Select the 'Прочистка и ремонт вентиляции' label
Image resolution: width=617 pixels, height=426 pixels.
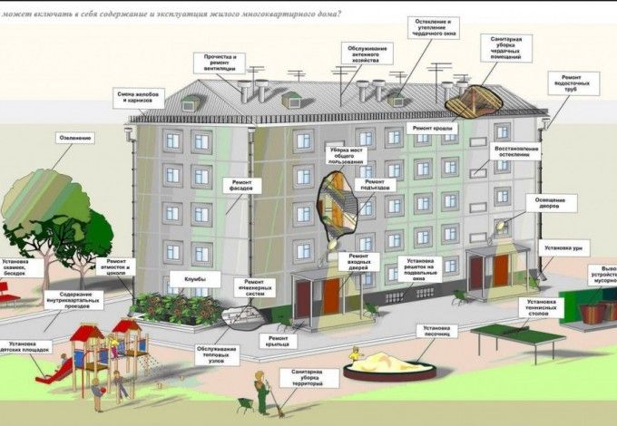(x=219, y=63)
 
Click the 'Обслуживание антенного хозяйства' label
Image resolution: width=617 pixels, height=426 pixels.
(x=369, y=53)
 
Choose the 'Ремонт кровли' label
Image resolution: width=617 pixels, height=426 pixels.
(x=434, y=130)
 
